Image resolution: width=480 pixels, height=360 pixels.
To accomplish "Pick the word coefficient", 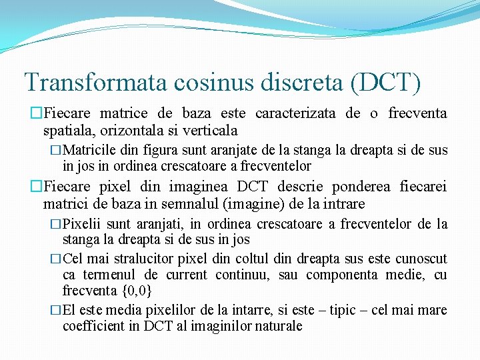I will [98, 327].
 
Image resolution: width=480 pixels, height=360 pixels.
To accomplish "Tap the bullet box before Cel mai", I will [57, 259].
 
